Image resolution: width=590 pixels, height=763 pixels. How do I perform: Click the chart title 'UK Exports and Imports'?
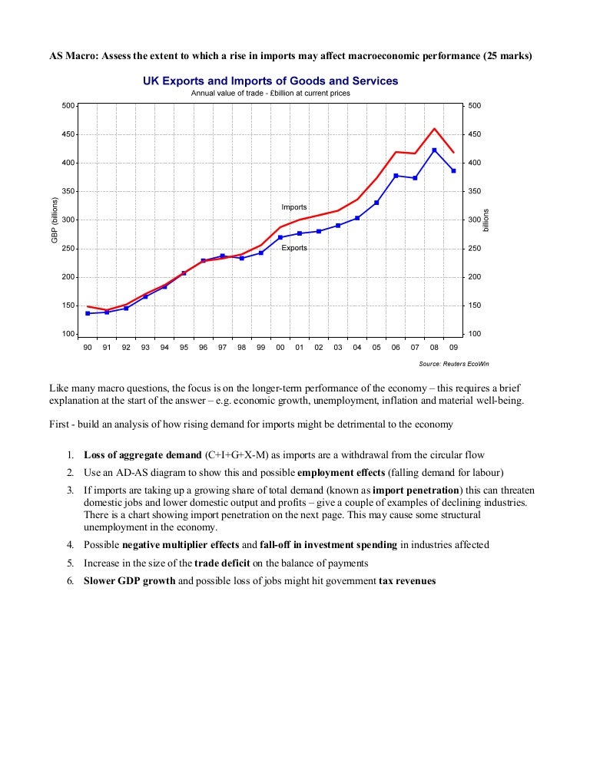pos(270,81)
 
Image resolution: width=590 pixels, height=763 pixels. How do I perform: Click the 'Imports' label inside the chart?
pos(294,207)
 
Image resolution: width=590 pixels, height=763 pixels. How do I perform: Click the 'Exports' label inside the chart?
pos(294,249)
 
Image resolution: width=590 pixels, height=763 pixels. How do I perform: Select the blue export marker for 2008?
pos(434,150)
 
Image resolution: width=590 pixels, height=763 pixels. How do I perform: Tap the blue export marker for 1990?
pos(88,313)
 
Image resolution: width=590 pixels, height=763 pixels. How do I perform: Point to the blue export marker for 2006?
pos(396,176)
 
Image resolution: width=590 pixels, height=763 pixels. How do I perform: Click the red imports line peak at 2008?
pos(434,129)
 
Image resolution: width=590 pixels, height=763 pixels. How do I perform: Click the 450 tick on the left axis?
pos(68,134)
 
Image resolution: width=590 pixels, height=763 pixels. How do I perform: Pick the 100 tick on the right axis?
pos(474,335)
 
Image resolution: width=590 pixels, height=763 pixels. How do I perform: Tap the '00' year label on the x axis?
pos(280,348)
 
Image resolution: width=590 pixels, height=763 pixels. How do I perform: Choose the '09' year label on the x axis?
pos(453,348)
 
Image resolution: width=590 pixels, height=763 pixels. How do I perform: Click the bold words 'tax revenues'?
pos(407,581)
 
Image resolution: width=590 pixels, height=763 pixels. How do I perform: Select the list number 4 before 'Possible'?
pos(69,545)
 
